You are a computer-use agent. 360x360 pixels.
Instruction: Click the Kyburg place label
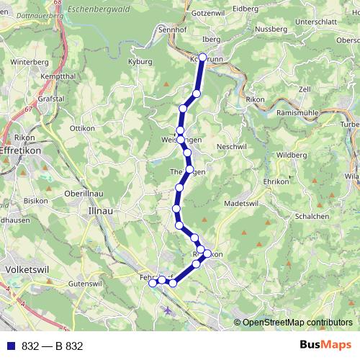point(140,62)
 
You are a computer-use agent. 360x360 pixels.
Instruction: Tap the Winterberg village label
point(28,62)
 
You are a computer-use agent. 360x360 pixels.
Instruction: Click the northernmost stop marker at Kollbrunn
point(202,58)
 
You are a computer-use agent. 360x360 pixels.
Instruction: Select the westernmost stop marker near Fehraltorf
point(153,284)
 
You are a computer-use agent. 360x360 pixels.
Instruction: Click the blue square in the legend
point(10,346)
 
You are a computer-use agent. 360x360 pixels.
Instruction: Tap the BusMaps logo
point(325,345)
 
